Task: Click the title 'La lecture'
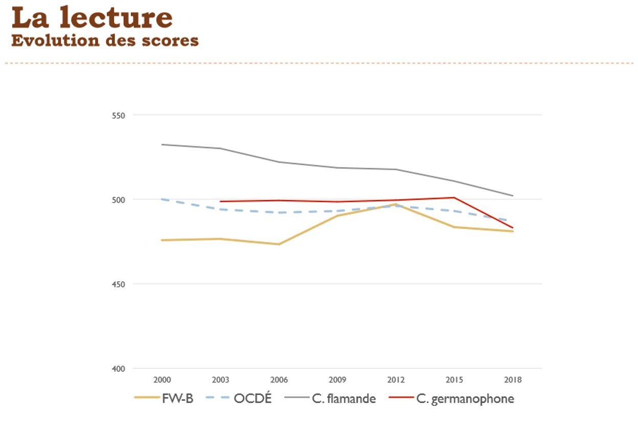point(92,18)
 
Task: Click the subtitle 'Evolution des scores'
point(105,40)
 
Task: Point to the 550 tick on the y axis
point(119,115)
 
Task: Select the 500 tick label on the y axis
point(119,199)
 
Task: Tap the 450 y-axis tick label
point(119,284)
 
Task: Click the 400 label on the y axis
point(119,369)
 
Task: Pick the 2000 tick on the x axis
point(162,380)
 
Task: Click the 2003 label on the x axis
point(220,380)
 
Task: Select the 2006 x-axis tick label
point(279,380)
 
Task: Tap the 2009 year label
point(337,380)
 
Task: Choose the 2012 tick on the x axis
point(396,380)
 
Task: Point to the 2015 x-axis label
point(454,380)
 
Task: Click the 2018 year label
point(513,380)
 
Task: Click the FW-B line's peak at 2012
point(396,204)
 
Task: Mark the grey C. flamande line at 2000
point(162,145)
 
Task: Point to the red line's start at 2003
point(220,201)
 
